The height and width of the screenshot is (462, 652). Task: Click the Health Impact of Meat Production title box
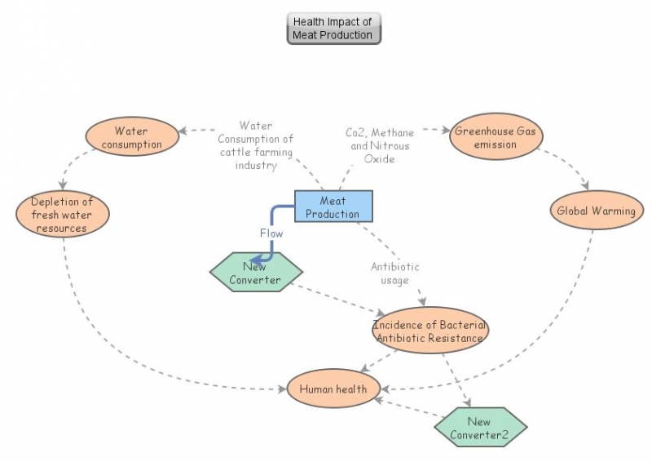(x=333, y=29)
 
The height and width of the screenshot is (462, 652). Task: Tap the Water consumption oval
(x=131, y=137)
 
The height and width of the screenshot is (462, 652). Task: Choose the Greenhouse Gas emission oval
(x=496, y=137)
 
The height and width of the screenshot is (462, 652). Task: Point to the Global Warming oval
(x=596, y=211)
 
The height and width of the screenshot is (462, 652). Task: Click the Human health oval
(x=333, y=389)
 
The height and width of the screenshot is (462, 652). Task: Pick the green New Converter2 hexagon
(x=479, y=428)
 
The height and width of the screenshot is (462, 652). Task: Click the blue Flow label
(x=271, y=233)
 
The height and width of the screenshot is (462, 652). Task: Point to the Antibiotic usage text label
(x=395, y=273)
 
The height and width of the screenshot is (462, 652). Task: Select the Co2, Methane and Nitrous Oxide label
(x=380, y=145)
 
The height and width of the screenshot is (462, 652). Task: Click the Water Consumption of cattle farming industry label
(x=255, y=145)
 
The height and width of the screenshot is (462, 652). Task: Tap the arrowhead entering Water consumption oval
(x=186, y=131)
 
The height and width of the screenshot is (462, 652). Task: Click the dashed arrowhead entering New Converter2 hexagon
(x=469, y=403)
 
